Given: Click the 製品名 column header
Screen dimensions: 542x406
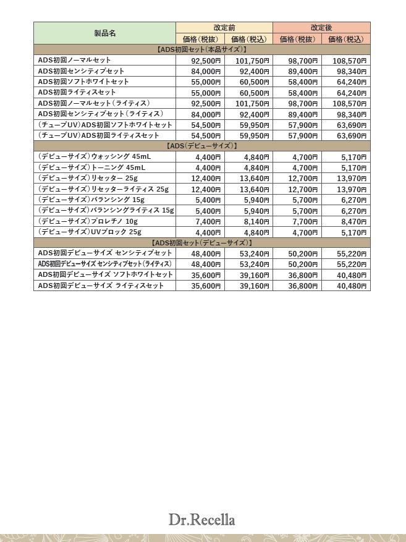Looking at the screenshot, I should (x=104, y=33).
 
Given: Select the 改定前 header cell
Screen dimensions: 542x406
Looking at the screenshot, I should (x=224, y=28).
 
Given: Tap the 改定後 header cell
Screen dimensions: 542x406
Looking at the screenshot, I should (x=321, y=28).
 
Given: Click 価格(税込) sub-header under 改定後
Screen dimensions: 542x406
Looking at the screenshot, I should (x=345, y=39).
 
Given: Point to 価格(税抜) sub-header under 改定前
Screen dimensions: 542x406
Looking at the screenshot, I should (x=200, y=39).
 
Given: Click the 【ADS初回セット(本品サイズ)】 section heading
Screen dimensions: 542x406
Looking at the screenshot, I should (x=202, y=49).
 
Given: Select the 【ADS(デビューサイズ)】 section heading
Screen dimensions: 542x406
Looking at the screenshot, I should (x=202, y=146).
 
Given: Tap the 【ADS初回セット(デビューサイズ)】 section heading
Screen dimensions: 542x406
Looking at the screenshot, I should (x=202, y=242).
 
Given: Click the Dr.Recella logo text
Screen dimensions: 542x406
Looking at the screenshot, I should (x=202, y=520).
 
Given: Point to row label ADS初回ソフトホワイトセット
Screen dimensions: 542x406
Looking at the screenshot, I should (x=83, y=82).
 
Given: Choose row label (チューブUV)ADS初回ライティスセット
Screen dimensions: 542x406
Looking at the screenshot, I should (x=99, y=135).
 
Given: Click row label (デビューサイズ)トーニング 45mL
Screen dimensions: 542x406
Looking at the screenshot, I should (x=92, y=167).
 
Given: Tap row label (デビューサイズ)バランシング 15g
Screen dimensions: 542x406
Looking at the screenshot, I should (x=91, y=200).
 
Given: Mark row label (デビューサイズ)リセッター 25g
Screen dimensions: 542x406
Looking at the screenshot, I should (x=88, y=178).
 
